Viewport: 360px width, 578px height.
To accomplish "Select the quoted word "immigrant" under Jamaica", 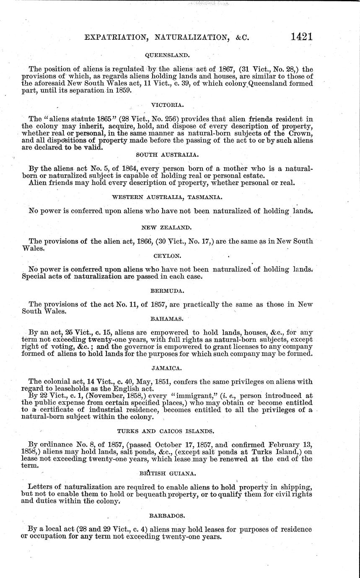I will click(x=188, y=396).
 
